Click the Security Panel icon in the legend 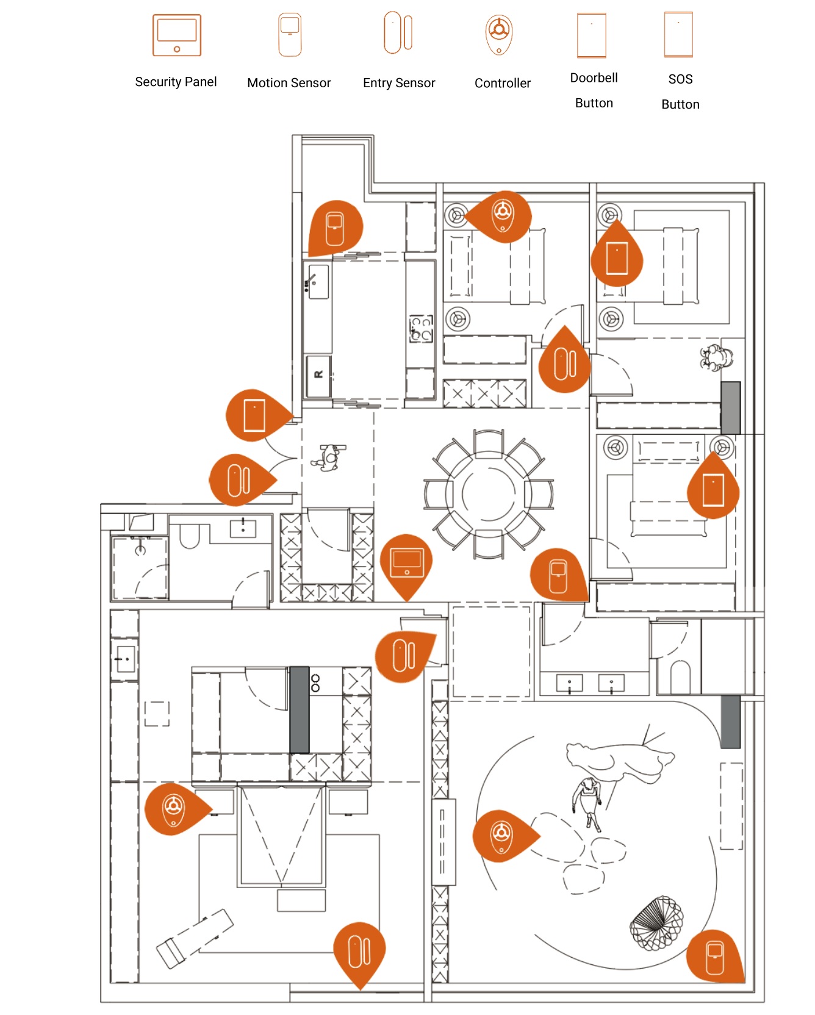177,35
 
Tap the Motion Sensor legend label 289,83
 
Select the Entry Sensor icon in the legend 398,32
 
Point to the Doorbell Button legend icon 592,35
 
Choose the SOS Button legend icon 678,35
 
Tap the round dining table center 489,493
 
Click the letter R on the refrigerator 318,374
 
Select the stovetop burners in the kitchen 422,328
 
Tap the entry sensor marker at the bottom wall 360,951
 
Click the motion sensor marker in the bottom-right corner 714,957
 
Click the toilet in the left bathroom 190,537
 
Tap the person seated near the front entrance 329,457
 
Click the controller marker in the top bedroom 503,215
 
